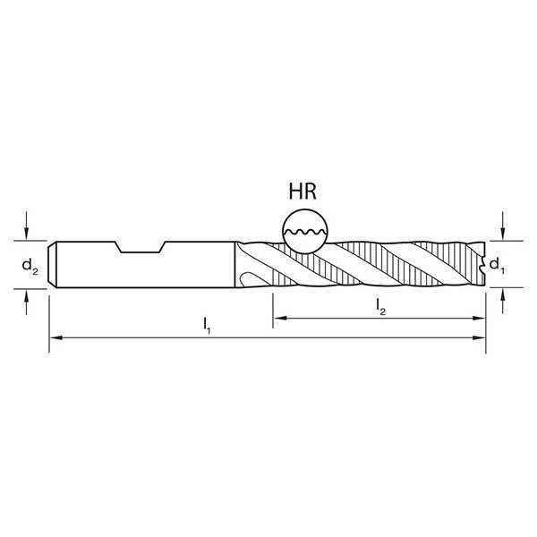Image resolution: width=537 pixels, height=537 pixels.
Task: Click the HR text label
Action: [305, 192]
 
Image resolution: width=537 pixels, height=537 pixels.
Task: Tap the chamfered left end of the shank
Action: [53, 264]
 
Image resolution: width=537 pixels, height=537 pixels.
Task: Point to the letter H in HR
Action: [295, 192]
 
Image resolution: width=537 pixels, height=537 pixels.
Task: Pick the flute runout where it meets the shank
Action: [251, 265]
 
